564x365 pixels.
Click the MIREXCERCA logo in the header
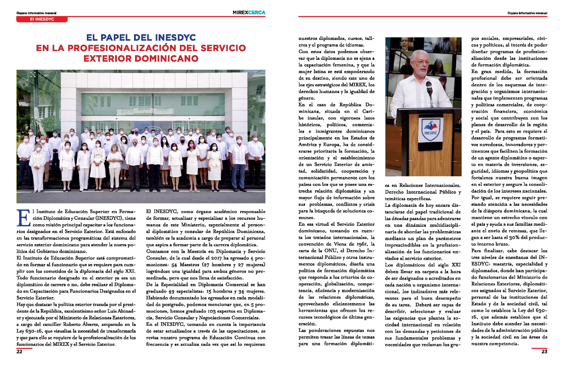click(249, 12)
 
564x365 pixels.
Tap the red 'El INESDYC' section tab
click(42, 19)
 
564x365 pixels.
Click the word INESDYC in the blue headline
click(175, 38)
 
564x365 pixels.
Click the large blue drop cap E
click(23, 218)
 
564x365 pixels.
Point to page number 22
click(19, 352)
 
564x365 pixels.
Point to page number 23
click(544, 352)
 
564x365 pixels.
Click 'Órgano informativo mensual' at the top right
click(527, 13)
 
